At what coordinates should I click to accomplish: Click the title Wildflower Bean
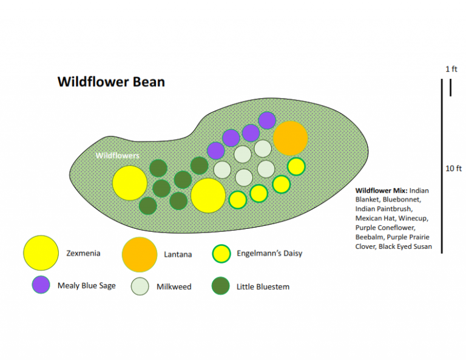[110, 81]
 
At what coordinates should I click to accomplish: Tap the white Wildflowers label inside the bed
[117, 155]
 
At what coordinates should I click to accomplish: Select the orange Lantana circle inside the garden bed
[290, 138]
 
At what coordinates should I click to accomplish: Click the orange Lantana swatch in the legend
[140, 254]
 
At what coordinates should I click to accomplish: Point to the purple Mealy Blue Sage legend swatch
[41, 285]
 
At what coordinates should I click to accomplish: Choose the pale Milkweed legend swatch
[141, 287]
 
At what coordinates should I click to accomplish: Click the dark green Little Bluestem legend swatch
[221, 286]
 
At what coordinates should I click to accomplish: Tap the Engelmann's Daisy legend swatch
[221, 254]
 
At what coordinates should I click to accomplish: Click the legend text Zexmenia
[83, 253]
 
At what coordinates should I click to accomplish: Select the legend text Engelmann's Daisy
[269, 253]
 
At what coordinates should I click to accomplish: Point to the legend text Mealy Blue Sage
[86, 285]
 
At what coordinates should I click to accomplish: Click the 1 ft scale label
[451, 69]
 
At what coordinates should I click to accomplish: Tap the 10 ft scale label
[454, 168]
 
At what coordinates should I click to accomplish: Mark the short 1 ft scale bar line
[450, 88]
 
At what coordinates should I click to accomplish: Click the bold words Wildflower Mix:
[381, 190]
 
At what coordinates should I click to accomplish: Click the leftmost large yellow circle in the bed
[130, 183]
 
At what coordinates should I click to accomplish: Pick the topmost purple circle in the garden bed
[267, 120]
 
